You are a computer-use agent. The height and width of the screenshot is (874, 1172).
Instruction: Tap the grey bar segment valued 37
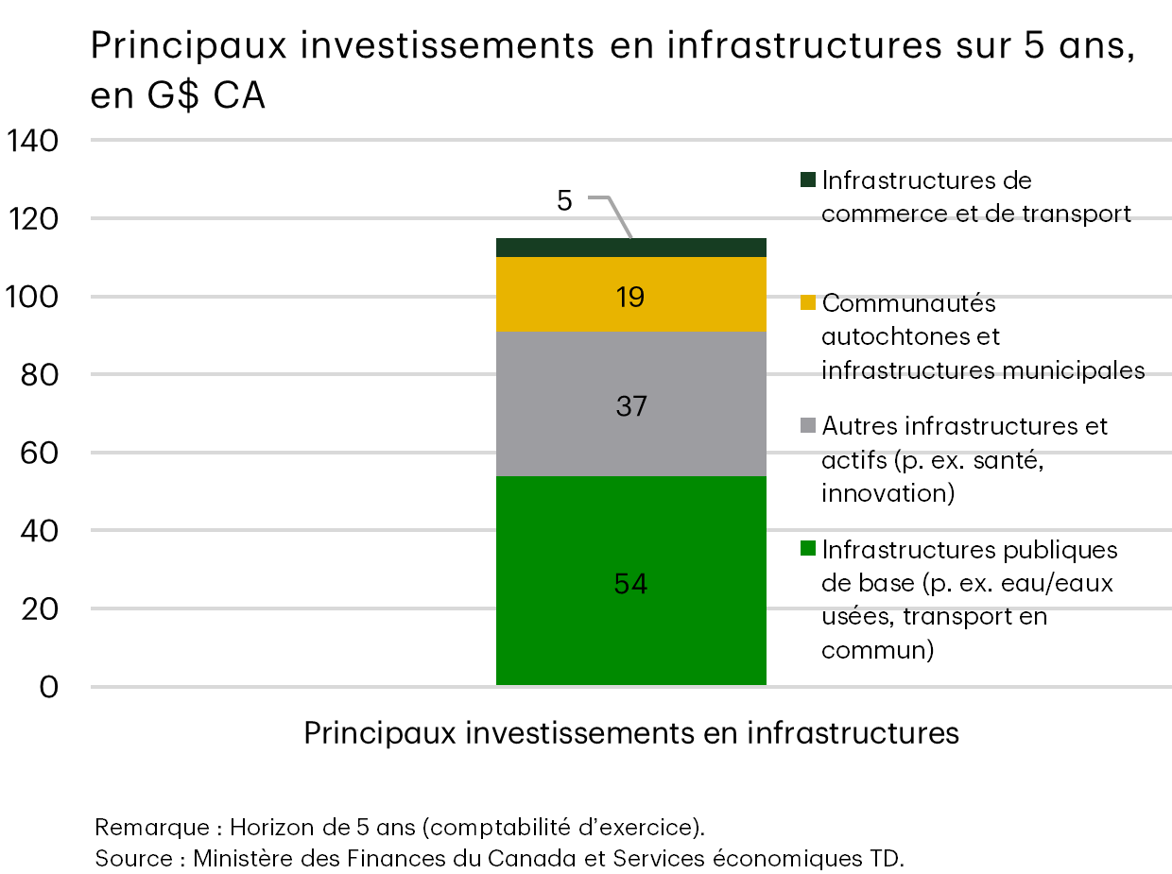click(x=630, y=406)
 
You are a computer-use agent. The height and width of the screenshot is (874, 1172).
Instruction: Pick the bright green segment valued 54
click(x=630, y=583)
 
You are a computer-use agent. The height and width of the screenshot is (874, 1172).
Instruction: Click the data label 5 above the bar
click(x=564, y=200)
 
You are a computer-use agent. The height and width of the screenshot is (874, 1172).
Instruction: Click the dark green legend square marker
click(x=807, y=180)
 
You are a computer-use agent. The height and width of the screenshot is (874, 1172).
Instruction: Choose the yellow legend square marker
click(x=807, y=303)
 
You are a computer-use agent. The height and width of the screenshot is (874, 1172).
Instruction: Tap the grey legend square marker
click(x=807, y=426)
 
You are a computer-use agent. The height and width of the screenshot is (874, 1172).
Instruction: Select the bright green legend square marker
click(x=807, y=549)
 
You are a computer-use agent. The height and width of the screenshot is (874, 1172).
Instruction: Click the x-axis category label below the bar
click(x=631, y=733)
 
